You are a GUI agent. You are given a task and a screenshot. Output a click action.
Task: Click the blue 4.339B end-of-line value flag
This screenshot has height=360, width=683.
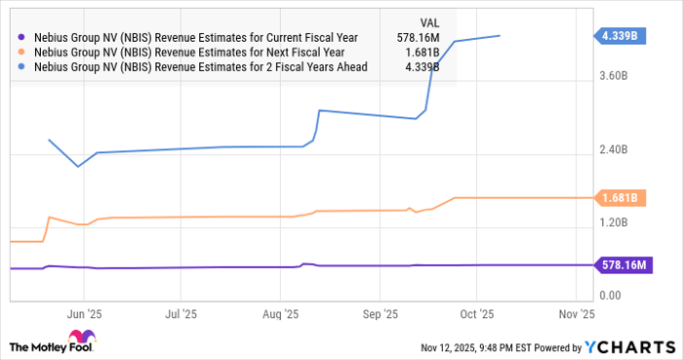tap(621, 36)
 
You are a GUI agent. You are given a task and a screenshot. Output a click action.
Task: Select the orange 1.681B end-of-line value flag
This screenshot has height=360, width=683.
tap(621, 198)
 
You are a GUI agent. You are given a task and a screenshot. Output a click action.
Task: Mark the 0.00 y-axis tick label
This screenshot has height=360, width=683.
tap(611, 296)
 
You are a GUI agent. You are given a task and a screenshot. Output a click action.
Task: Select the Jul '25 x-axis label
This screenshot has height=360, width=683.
tap(181, 314)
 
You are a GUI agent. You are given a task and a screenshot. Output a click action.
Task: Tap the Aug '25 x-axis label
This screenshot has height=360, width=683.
tap(280, 314)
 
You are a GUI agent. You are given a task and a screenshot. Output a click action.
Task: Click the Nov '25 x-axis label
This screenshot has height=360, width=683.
tap(575, 314)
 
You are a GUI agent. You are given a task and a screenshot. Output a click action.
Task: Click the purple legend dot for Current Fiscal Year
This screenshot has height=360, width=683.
tap(21, 37)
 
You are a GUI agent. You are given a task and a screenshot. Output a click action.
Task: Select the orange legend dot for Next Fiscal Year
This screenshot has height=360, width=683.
tap(21, 52)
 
